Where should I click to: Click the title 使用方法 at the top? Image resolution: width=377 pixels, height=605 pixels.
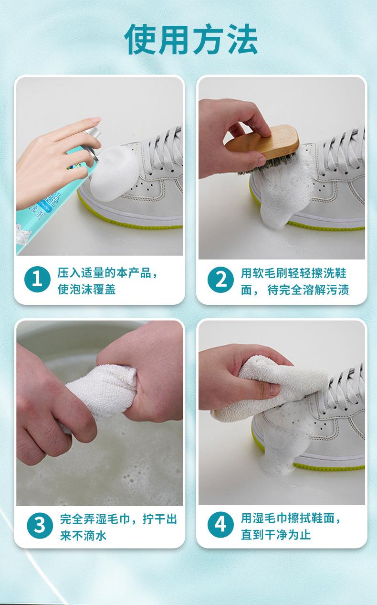pos(191,39)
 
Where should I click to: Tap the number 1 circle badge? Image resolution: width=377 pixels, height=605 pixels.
pos(37,279)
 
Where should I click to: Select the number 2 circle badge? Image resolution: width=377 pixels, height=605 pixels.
pos(220,280)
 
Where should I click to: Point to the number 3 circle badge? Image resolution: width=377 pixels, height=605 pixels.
pos(40,526)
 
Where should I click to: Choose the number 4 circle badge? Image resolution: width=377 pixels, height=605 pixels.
pos(220,525)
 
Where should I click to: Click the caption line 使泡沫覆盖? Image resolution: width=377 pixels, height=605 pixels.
pos(86,289)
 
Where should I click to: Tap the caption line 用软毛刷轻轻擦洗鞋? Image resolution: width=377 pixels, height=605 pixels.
pos(293,273)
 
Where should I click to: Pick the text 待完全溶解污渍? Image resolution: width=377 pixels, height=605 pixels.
pos(308,290)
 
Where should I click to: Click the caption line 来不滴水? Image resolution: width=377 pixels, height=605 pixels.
pos(84,535)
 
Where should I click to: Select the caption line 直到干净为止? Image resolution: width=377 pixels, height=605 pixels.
pos(276,534)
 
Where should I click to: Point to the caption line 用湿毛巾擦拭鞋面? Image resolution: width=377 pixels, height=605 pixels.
pos(288,518)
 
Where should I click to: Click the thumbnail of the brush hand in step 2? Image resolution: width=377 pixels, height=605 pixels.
pos(282,168)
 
